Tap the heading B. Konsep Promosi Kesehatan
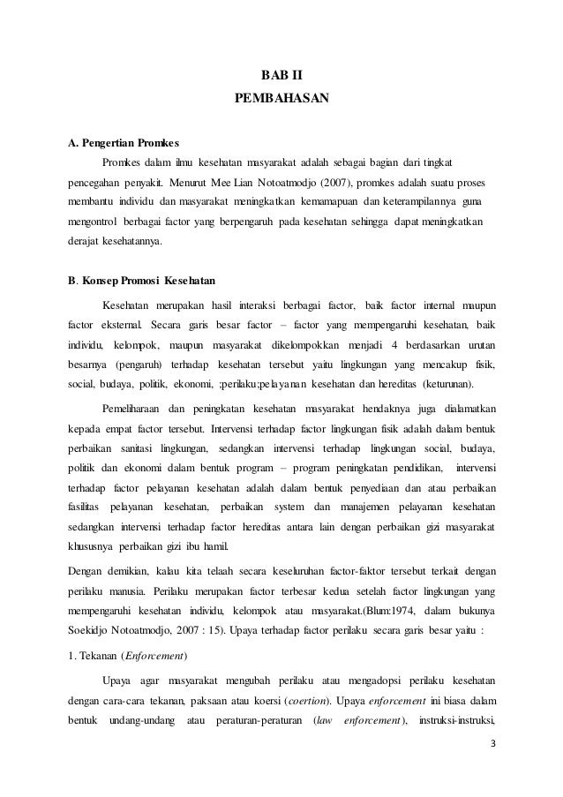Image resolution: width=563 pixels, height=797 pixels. pos(142,282)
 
